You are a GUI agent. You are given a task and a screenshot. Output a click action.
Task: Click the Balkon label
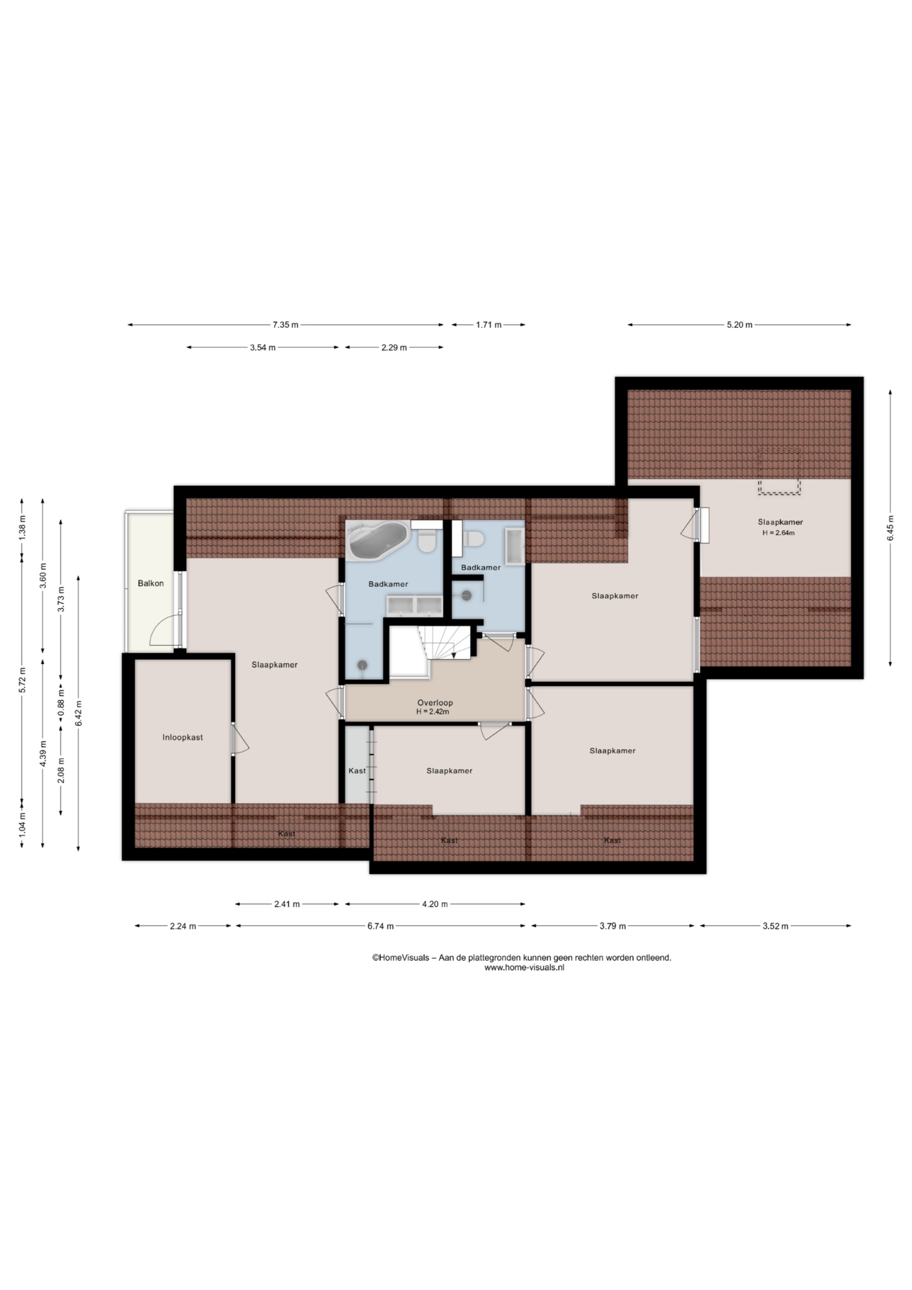pyautogui.click(x=150, y=583)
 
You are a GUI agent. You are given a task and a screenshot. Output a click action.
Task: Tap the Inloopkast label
pyautogui.click(x=183, y=737)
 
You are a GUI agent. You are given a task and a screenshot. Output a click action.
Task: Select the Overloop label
pyautogui.click(x=435, y=702)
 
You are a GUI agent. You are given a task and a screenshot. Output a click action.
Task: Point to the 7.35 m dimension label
pyautogui.click(x=285, y=325)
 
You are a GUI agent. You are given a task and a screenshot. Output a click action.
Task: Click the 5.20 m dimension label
pyautogui.click(x=739, y=325)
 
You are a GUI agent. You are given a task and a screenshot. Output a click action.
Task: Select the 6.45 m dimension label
pyautogui.click(x=891, y=528)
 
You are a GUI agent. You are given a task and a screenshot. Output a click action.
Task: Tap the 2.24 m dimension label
pyautogui.click(x=183, y=926)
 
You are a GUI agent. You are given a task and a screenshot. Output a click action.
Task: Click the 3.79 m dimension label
pyautogui.click(x=612, y=926)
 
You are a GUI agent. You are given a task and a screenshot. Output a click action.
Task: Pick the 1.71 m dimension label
pyautogui.click(x=489, y=325)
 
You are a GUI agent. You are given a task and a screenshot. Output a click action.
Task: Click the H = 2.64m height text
pyautogui.click(x=779, y=533)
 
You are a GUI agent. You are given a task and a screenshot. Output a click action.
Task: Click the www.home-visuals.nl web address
pyautogui.click(x=525, y=967)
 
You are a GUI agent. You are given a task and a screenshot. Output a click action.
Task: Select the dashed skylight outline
pyautogui.click(x=779, y=471)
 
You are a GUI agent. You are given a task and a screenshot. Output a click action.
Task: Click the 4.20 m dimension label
pyautogui.click(x=435, y=904)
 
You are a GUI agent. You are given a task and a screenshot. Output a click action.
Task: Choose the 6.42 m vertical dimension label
pyautogui.click(x=79, y=713)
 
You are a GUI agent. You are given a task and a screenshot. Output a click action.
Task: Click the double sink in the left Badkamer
pyautogui.click(x=414, y=605)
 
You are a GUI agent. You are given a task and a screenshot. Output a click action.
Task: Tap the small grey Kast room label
pyautogui.click(x=357, y=771)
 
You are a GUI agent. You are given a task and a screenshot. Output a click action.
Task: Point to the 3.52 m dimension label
pyautogui.click(x=775, y=926)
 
